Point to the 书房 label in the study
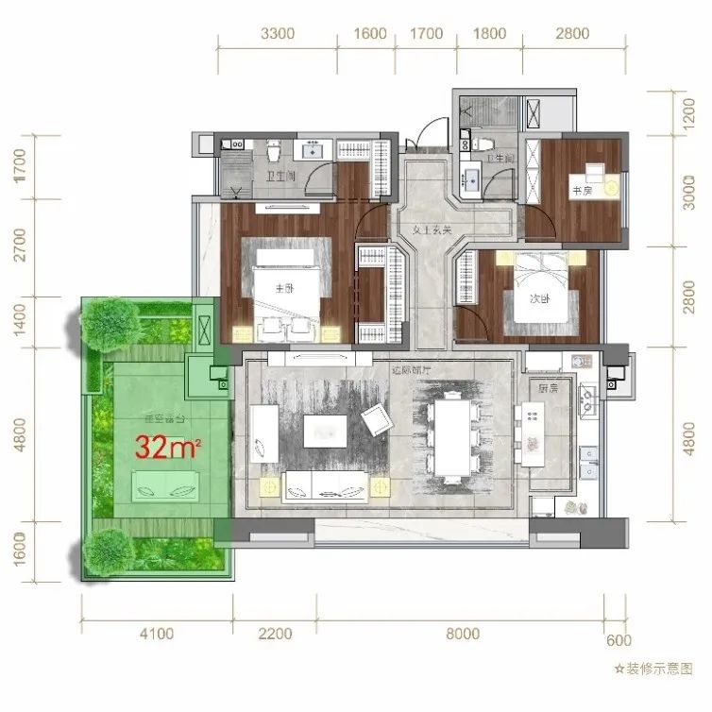[580, 190]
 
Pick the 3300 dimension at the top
[278, 34]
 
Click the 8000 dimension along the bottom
[462, 634]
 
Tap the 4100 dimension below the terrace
[156, 634]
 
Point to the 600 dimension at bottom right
[619, 641]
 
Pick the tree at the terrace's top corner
[106, 321]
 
